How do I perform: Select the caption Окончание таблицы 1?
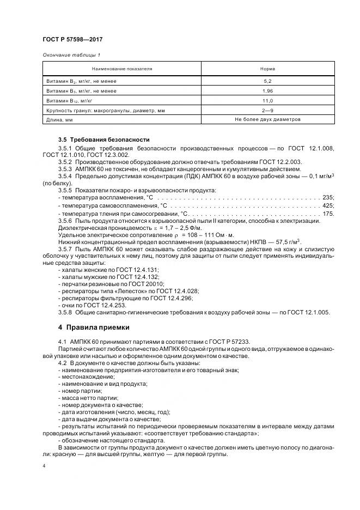point(71,54)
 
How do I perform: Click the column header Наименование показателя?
point(121,69)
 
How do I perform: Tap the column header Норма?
point(267,69)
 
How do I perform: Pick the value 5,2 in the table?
point(267,81)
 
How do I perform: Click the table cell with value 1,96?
point(267,91)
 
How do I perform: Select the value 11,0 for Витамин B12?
point(267,101)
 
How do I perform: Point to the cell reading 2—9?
point(267,111)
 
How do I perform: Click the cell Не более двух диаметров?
point(267,120)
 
